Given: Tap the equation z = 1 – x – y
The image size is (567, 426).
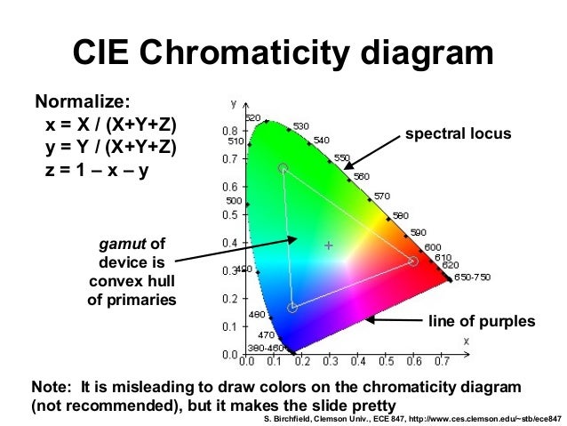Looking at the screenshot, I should (x=97, y=166).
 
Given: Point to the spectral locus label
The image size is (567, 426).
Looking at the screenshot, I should (x=458, y=134).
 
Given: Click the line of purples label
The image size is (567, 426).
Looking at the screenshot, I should (x=482, y=320).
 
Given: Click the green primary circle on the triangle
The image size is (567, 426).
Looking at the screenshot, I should (x=283, y=168).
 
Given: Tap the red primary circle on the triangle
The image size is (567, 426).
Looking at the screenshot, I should (x=412, y=261).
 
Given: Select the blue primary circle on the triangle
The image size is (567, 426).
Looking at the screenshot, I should (x=292, y=309).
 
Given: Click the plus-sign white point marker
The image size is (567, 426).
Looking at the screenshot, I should (x=328, y=245).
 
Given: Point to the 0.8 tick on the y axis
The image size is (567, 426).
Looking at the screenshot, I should (x=228, y=131).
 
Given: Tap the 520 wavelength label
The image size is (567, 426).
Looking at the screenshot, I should (x=253, y=118).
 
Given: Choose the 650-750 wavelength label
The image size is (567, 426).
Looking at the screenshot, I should (x=472, y=277).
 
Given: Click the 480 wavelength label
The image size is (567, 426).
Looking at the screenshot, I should (x=256, y=315).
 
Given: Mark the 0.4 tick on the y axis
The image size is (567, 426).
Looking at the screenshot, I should (x=228, y=243).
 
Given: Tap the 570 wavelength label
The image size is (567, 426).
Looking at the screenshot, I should (x=381, y=196).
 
